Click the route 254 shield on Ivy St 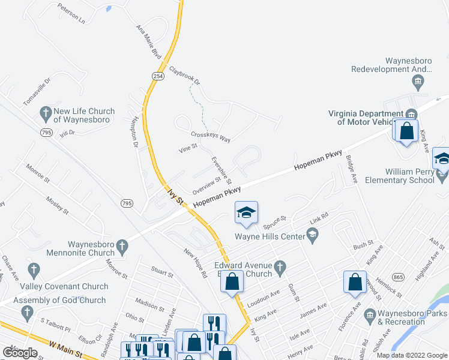click(157, 76)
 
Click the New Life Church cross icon click(45, 112)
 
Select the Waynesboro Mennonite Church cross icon click(122, 246)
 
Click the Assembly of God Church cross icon click(26, 312)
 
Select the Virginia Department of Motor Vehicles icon click(411, 114)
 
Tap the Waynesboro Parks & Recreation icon click(369, 314)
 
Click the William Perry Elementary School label click(398, 175)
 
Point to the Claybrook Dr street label click(184, 74)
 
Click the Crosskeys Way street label click(210, 136)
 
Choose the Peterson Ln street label click(71, 13)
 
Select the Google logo click(20, 352)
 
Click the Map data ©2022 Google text click(412, 355)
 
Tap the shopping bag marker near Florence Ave click(355, 281)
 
